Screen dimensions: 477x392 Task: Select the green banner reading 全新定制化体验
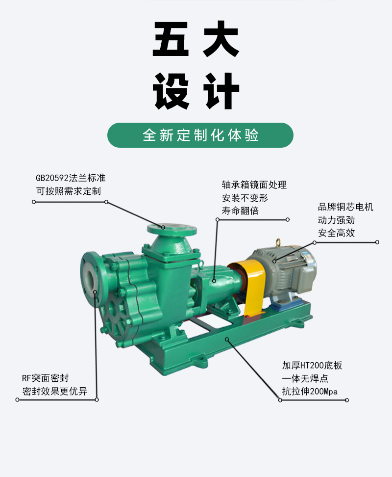[x=200, y=135]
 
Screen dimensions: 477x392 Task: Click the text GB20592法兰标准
[x=71, y=178]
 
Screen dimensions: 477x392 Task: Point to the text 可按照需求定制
[x=69, y=191]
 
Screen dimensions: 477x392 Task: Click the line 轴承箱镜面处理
[x=254, y=185]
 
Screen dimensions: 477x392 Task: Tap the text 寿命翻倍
[x=240, y=211]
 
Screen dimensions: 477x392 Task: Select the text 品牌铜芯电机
[x=345, y=207]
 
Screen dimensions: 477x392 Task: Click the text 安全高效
[x=336, y=233]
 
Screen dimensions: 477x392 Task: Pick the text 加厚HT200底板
[x=312, y=365]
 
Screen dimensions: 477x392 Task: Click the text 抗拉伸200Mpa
[x=310, y=392]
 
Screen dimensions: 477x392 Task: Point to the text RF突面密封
[x=45, y=378]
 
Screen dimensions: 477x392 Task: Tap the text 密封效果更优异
[x=54, y=391]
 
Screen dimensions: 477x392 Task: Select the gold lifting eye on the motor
[x=278, y=242]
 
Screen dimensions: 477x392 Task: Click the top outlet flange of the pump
[x=172, y=228]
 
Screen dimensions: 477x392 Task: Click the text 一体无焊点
[x=305, y=378]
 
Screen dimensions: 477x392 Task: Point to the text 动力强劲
[x=336, y=220]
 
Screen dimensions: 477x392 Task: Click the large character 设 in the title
[x=171, y=91]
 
